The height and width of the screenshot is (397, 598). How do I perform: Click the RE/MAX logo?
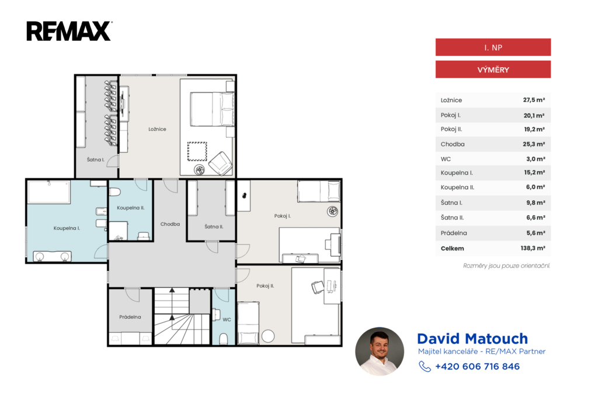(x=69, y=31)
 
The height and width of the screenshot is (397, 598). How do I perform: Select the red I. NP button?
(x=493, y=47)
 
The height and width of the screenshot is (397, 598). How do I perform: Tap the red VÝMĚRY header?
(x=493, y=69)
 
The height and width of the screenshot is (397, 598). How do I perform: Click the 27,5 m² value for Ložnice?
(x=534, y=100)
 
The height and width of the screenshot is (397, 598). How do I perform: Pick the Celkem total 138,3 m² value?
(x=533, y=248)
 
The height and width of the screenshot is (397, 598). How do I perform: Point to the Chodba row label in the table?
(x=453, y=144)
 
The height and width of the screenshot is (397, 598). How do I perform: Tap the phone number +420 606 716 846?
(x=477, y=367)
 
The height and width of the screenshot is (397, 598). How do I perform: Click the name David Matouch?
(x=472, y=339)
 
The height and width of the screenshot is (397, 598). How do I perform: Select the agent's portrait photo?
(x=380, y=351)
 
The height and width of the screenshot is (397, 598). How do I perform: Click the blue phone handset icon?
(x=425, y=367)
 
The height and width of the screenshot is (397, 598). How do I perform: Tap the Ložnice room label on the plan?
(x=157, y=129)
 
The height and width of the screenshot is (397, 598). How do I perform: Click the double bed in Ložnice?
(x=212, y=109)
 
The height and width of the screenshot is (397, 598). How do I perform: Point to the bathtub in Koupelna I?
(x=49, y=192)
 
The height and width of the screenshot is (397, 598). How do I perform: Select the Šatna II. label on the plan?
(x=214, y=227)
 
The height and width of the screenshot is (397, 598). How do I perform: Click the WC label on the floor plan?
(x=227, y=319)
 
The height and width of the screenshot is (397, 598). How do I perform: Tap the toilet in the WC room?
(x=224, y=339)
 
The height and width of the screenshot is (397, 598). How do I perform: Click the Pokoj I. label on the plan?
(x=282, y=216)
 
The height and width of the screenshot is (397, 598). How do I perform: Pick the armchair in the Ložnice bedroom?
(x=220, y=163)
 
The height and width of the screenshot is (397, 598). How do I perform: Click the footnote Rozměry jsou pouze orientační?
(x=506, y=266)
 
